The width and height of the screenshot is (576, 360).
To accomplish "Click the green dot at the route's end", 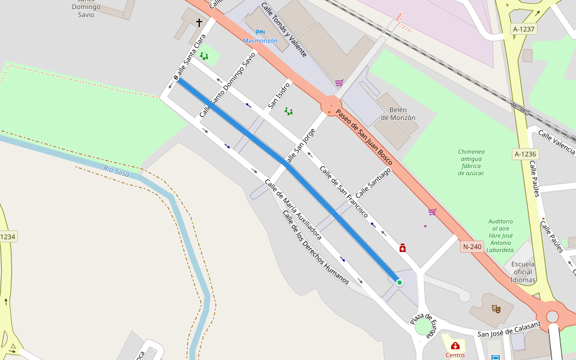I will click(399, 282).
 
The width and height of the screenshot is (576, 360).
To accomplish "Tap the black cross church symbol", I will click(199, 23).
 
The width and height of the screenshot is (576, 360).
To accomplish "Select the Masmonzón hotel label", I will click(260, 40).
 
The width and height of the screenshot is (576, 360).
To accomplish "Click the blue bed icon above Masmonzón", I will click(260, 32).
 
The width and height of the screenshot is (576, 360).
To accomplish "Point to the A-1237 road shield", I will click(524, 29).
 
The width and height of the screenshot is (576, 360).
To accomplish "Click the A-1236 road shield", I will click(525, 154).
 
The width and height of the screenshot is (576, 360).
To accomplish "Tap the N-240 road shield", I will click(473, 246).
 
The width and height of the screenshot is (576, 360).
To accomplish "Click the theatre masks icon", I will click(496, 308).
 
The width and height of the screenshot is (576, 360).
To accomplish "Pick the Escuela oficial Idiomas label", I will click(523, 272).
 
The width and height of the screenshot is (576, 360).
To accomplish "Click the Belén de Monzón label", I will click(398, 113).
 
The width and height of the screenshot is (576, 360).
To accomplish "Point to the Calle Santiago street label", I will click(373, 183).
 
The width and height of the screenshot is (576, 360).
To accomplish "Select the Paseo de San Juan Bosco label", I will click(364, 137).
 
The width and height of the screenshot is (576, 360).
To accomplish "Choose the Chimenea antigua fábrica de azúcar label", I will click(471, 163).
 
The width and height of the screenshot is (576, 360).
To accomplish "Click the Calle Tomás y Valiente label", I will click(284, 30).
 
